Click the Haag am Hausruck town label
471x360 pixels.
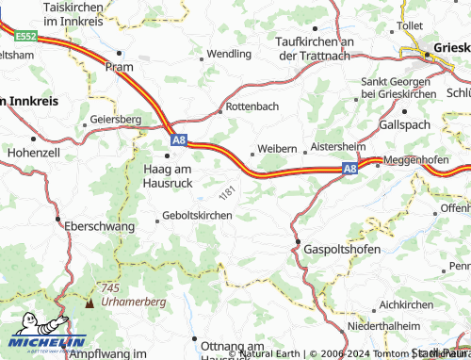coord(168,175)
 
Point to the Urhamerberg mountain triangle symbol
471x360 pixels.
coord(90,303)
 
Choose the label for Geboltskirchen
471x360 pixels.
coord(197,216)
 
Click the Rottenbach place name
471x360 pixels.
coord(252,107)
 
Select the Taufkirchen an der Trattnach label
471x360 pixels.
coord(315,48)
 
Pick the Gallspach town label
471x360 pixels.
coord(404,124)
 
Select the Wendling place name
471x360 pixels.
coord(229,55)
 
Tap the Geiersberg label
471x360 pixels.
coord(116,120)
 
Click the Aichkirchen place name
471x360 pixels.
coord(407,306)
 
